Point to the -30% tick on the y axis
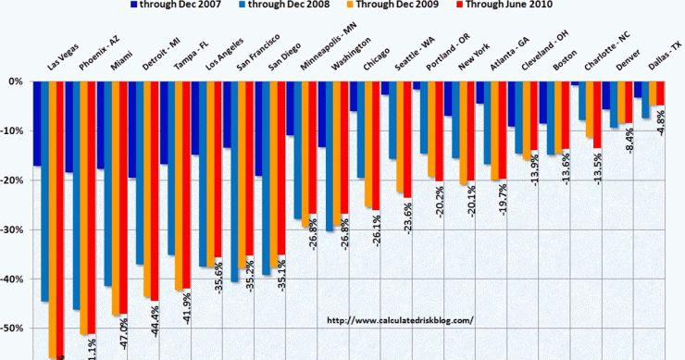pyautogui.click(x=14, y=230)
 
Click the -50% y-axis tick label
pyautogui.click(x=14, y=329)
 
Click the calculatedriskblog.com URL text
pyautogui.click(x=401, y=320)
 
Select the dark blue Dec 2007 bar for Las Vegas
pyautogui.click(x=36, y=124)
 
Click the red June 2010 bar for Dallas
pyautogui.click(x=661, y=93)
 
